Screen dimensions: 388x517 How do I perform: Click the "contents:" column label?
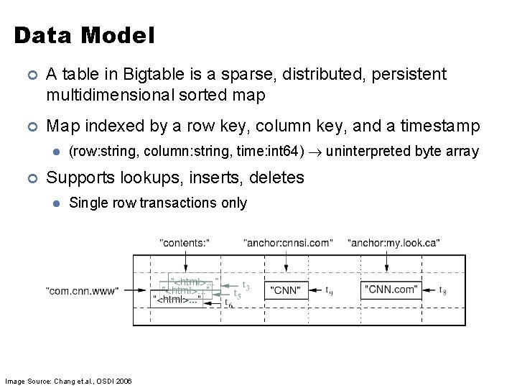(183, 243)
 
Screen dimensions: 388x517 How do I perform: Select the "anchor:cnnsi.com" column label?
(288, 243)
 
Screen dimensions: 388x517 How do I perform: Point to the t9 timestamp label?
(329, 291)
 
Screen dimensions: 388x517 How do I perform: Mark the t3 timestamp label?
(246, 285)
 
